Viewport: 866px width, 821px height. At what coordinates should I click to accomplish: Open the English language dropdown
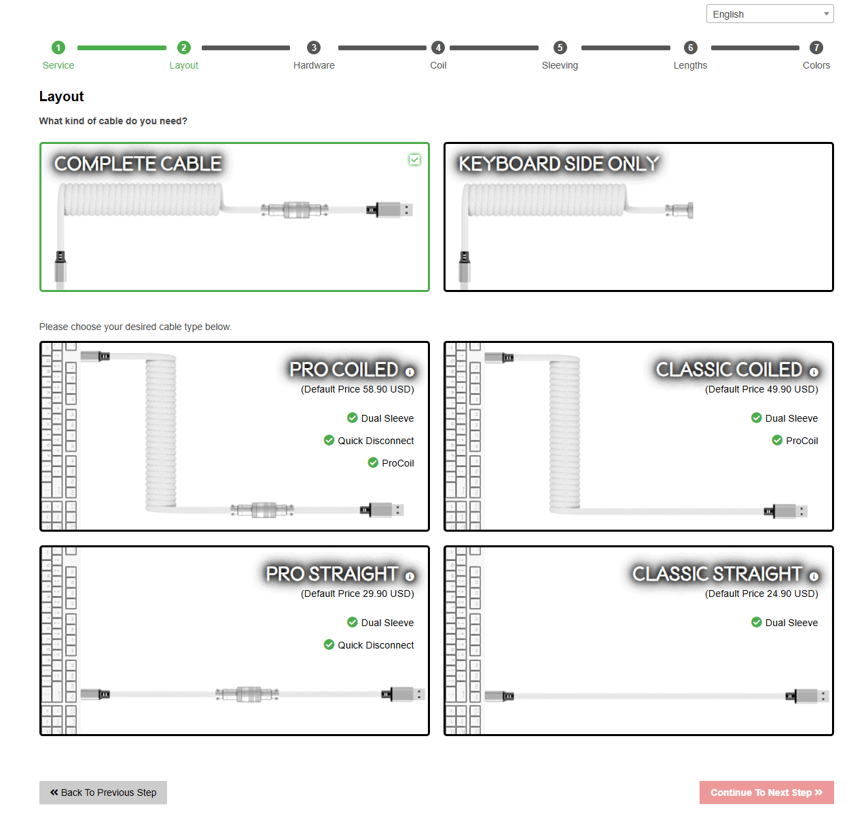coord(769,14)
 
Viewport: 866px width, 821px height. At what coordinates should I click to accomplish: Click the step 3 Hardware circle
coord(314,48)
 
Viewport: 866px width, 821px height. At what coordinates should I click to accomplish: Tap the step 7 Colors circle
coord(816,48)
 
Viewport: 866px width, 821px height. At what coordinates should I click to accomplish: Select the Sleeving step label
coord(560,65)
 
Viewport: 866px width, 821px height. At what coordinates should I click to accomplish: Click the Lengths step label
coord(690,65)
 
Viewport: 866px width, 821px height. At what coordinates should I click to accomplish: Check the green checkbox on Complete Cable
coord(414,160)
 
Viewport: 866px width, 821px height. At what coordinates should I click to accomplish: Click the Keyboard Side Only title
coord(558,164)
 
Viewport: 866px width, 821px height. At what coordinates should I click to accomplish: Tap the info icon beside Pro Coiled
coord(410,372)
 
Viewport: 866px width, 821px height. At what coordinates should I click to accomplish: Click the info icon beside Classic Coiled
coord(814,372)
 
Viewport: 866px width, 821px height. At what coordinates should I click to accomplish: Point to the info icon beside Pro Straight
coord(410,577)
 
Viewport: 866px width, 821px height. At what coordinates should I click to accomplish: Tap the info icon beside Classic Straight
coord(814,577)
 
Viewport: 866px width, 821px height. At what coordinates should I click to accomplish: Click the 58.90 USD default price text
coord(357,389)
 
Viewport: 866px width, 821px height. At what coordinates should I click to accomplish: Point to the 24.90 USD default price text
coord(761,594)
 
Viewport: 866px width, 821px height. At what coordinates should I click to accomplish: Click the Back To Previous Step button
coord(103,792)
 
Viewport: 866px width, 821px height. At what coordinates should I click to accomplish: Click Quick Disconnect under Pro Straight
coord(376,645)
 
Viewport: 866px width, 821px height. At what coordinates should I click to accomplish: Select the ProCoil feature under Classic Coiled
coord(801,441)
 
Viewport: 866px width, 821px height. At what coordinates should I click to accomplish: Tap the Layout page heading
coord(61,96)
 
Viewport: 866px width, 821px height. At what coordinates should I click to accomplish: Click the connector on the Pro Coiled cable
coord(263,510)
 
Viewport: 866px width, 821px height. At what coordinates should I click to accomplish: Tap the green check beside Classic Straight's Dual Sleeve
coord(757,622)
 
